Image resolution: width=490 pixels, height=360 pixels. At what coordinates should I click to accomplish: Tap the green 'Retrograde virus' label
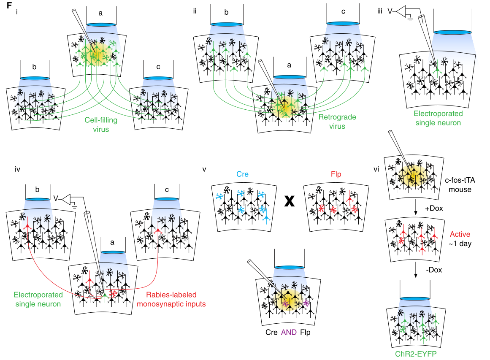(337, 122)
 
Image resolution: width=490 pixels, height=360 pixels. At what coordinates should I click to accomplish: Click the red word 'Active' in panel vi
(460, 234)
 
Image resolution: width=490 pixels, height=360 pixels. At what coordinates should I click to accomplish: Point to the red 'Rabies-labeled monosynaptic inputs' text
(171, 299)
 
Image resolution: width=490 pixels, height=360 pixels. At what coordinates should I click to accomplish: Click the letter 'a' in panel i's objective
(100, 14)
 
